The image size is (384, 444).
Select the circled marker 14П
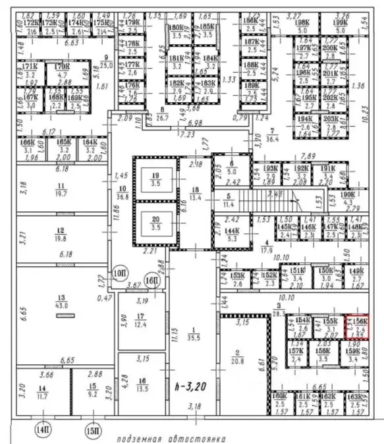pos(43,430)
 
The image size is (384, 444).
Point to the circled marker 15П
pos(94,430)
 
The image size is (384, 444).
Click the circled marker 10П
pos(119,272)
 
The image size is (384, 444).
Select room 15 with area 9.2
pos(93,391)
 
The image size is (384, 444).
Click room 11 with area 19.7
pos(63,190)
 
